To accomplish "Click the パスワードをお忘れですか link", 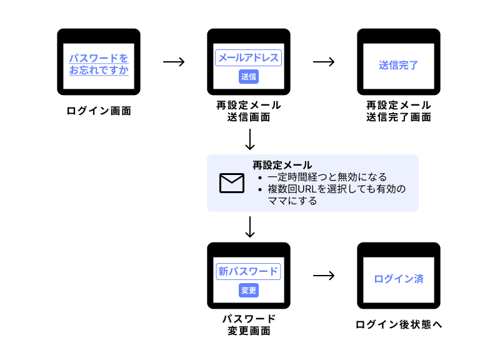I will [99, 64].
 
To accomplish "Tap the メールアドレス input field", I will [249, 57].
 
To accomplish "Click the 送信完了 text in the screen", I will [398, 65].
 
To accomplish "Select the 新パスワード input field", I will [249, 272].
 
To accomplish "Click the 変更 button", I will [249, 291].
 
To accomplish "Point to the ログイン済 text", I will [398, 279].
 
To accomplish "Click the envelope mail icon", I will [231, 182].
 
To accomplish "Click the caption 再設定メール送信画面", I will [249, 111].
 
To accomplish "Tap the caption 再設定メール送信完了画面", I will [398, 111].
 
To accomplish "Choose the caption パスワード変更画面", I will [249, 324].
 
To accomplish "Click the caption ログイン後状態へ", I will [398, 324].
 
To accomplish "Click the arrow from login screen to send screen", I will [174, 62].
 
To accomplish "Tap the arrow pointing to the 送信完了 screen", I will [324, 62].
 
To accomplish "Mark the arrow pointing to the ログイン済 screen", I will [324, 276].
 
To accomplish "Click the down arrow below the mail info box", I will [250, 227].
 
